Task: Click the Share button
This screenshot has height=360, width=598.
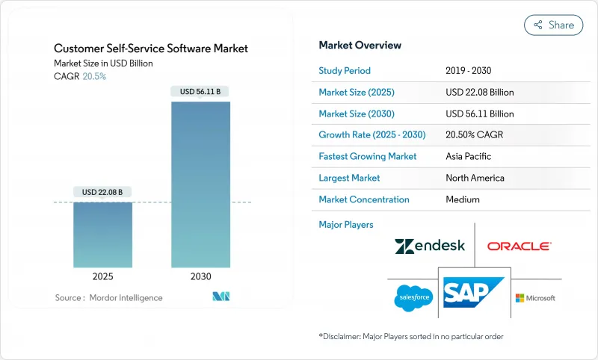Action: [553, 25]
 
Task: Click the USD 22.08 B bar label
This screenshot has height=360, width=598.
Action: [102, 193]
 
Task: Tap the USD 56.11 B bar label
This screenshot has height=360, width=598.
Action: [200, 92]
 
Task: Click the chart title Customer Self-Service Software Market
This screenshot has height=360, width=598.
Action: [151, 49]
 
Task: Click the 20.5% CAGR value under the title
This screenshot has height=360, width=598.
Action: [94, 76]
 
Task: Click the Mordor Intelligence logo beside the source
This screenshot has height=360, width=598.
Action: [221, 297]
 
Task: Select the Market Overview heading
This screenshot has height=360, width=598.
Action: [360, 45]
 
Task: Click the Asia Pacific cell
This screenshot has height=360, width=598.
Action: [468, 157]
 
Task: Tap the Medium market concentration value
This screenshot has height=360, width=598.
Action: [462, 199]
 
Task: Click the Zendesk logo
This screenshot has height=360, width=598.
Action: [429, 246]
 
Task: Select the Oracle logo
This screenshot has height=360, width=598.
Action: [519, 246]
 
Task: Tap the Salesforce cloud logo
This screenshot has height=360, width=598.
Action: [413, 298]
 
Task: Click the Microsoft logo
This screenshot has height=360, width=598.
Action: [535, 298]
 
